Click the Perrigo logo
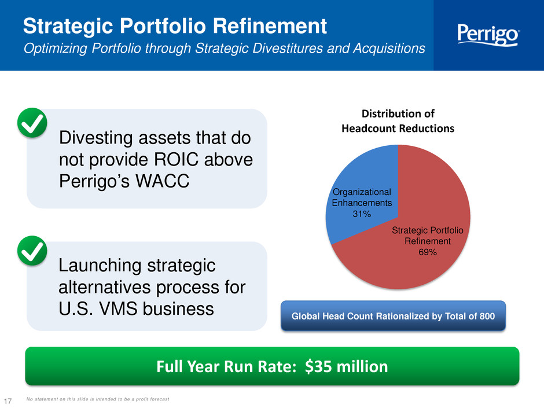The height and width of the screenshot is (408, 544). (x=488, y=35)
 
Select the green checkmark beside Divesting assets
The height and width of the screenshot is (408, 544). (x=32, y=123)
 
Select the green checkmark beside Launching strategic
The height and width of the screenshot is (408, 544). (x=32, y=251)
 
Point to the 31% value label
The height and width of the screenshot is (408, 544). (x=362, y=214)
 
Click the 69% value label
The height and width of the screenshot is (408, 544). (x=428, y=252)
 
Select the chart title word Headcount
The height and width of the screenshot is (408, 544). (x=369, y=128)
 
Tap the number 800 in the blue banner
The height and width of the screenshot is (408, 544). (x=487, y=316)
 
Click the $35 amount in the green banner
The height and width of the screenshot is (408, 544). (x=318, y=366)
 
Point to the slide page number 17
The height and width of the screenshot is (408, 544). (x=8, y=400)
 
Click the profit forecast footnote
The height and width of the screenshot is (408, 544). (x=98, y=399)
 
